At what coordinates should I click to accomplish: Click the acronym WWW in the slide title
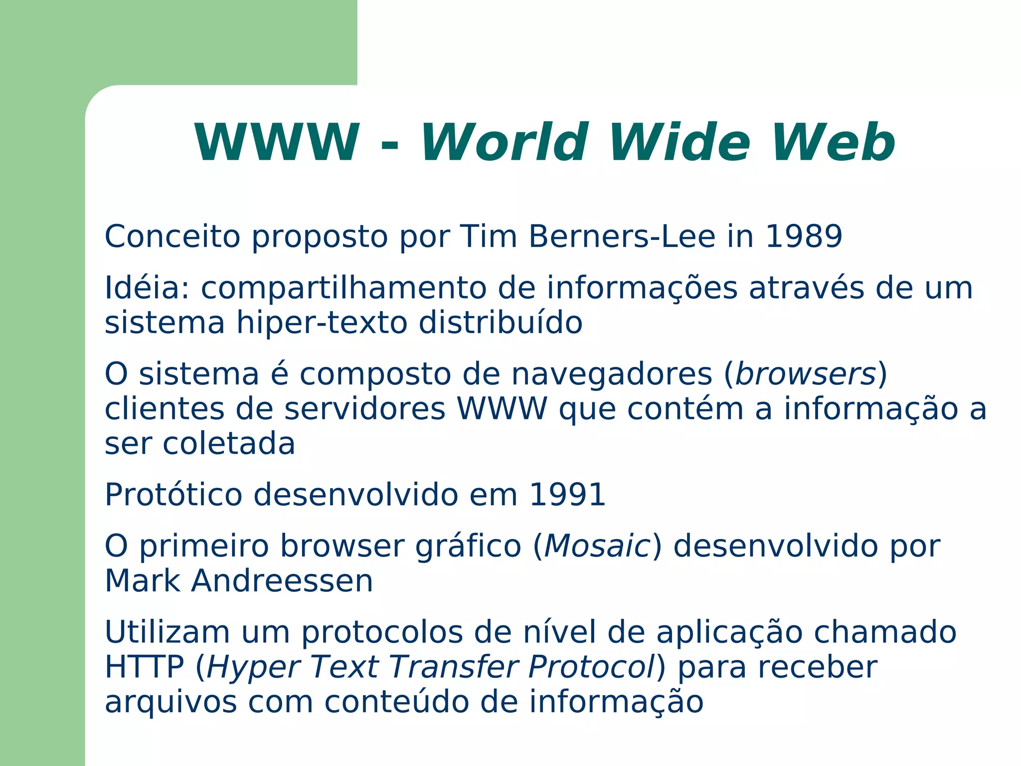[x=277, y=143]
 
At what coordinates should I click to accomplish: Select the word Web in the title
[x=833, y=143]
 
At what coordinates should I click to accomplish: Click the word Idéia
[x=147, y=288]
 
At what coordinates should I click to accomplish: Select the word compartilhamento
[x=343, y=289]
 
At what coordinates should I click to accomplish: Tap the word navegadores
[x=612, y=375]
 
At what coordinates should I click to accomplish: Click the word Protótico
[x=173, y=495]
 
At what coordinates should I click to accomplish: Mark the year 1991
[x=567, y=495]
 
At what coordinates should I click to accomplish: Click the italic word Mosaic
[x=597, y=546]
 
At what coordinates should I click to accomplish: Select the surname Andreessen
[x=282, y=581]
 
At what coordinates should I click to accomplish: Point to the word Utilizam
[x=167, y=632]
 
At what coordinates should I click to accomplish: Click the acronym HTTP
[x=144, y=667]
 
